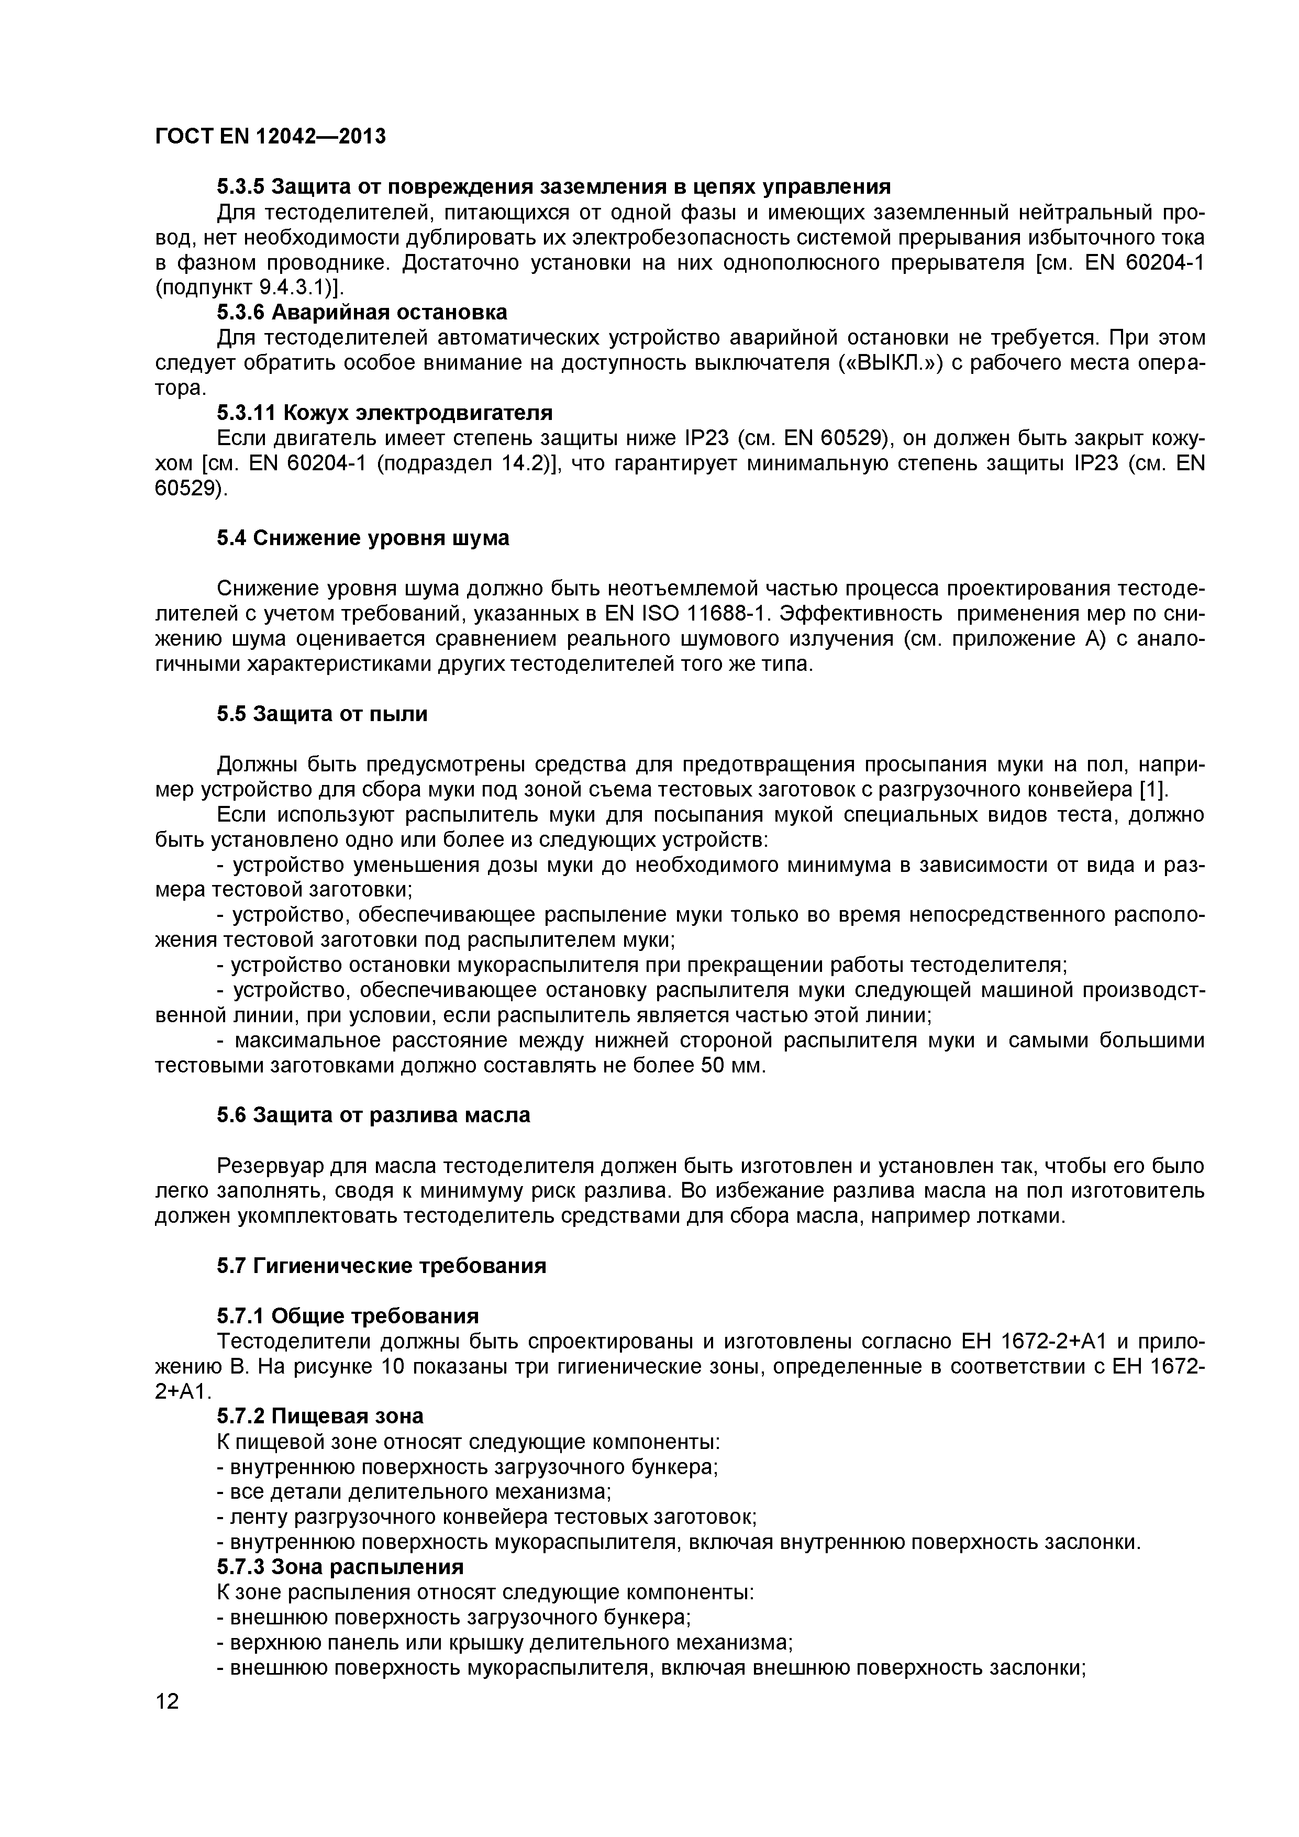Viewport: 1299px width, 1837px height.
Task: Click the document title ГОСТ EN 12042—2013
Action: [270, 137]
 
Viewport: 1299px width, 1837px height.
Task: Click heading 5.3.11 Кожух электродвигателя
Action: [384, 413]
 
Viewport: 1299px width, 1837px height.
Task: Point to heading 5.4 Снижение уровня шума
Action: [362, 538]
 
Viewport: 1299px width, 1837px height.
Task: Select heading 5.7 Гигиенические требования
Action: [382, 1267]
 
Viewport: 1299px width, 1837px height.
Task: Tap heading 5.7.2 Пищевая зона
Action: [320, 1416]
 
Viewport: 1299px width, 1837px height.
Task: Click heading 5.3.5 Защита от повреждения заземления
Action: [553, 186]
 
